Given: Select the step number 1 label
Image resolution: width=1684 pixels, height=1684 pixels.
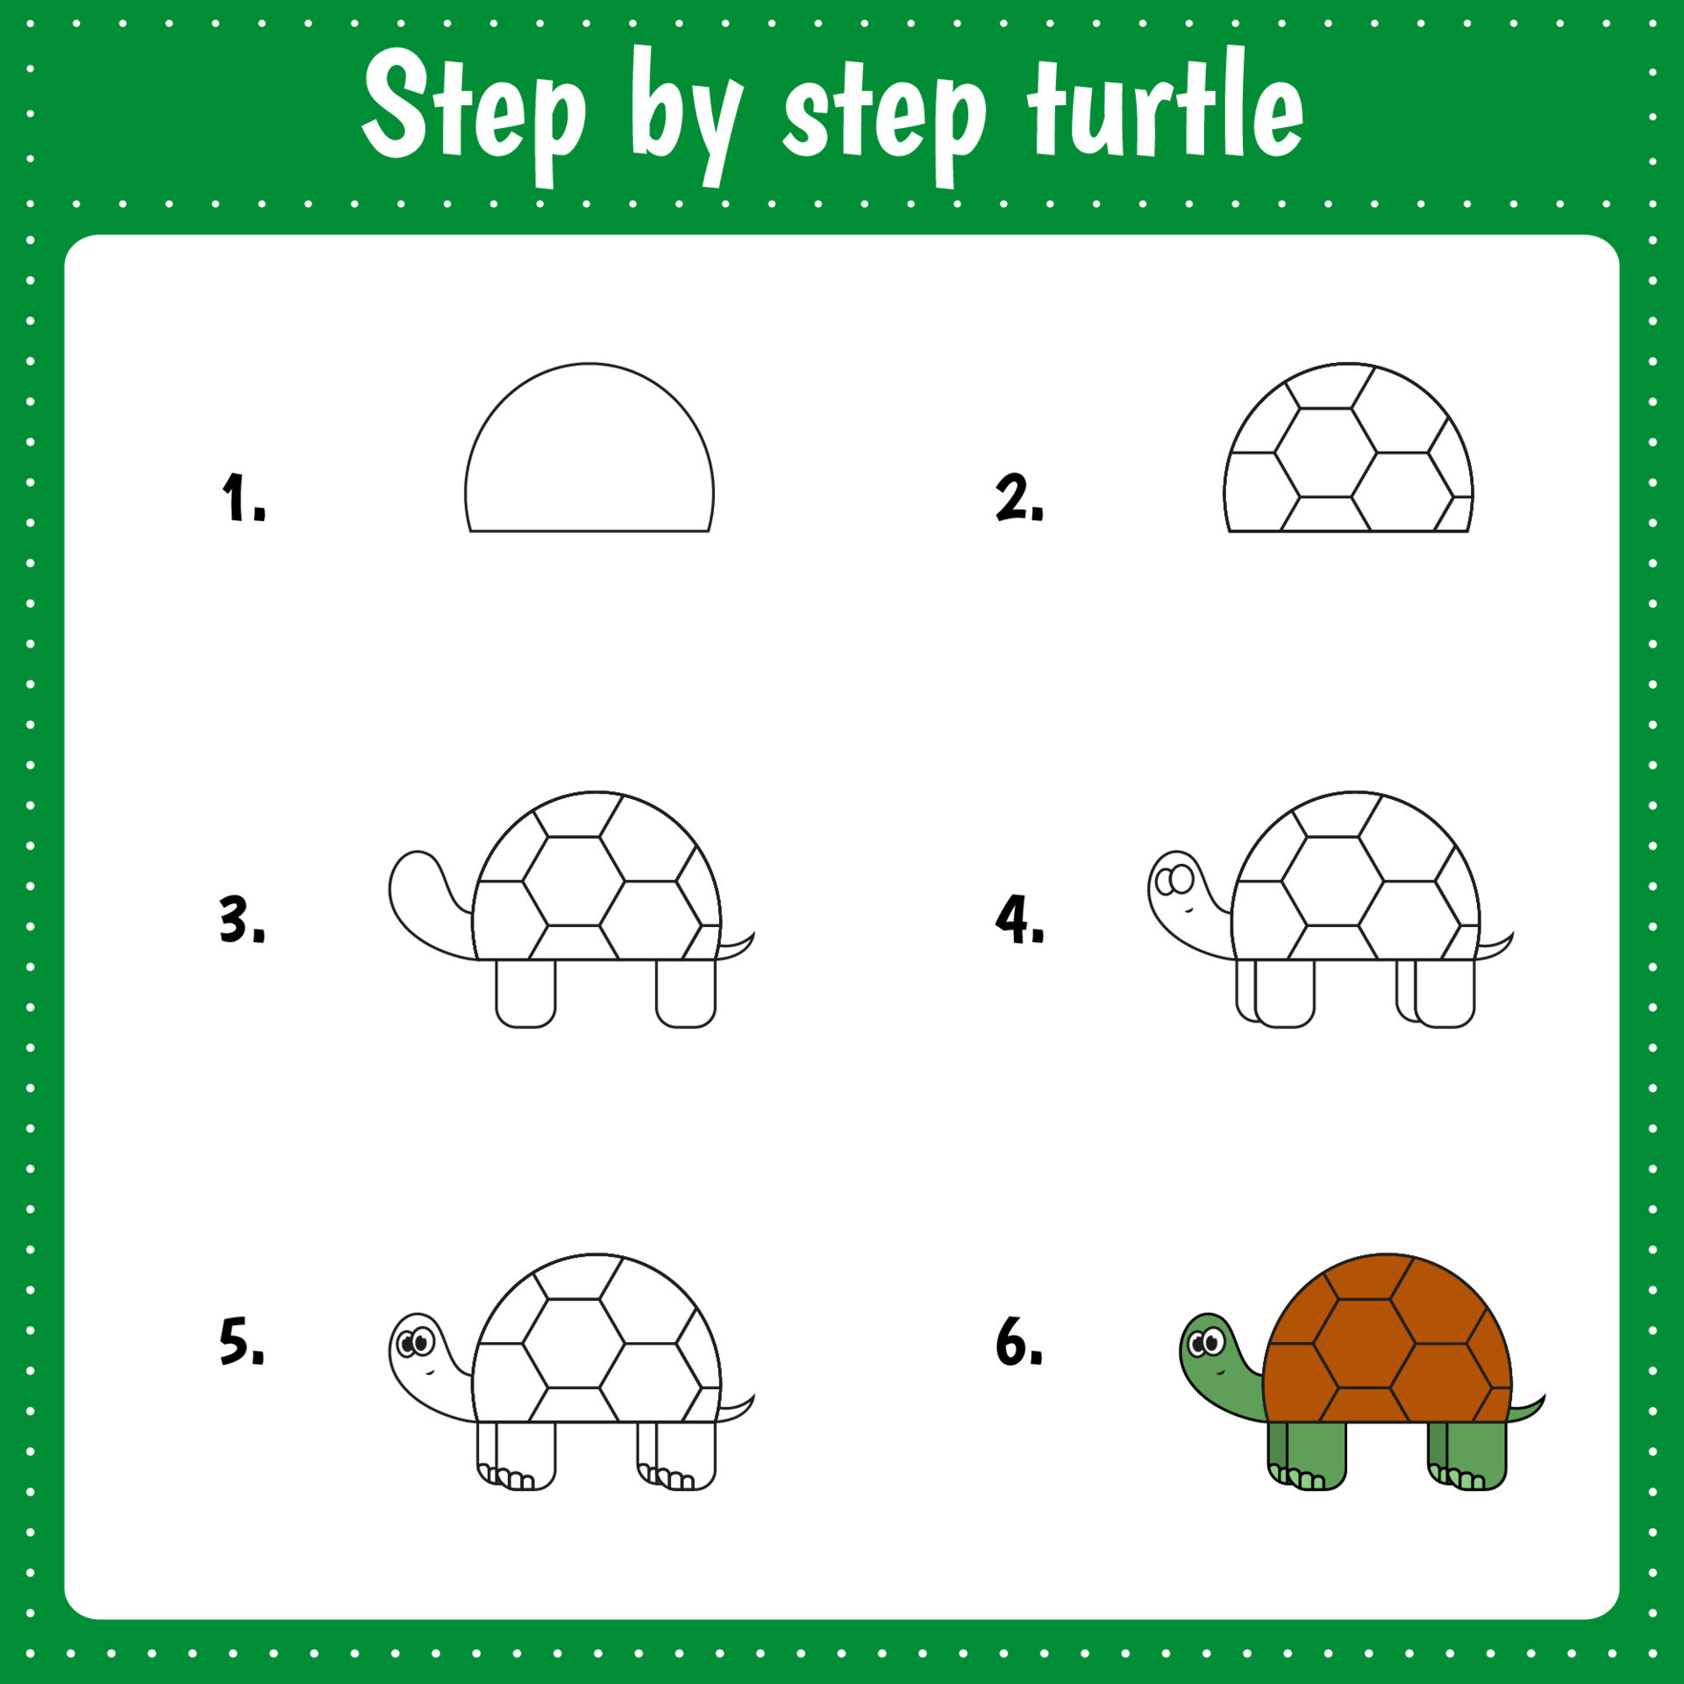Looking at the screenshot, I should point(241,497).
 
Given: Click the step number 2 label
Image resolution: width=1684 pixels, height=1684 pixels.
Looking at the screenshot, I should point(1019,497).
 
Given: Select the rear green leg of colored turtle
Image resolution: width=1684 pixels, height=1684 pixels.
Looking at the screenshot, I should point(1475,1452).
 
